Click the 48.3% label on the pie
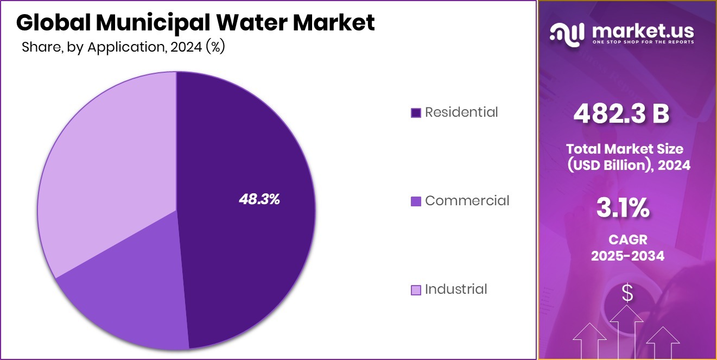[x=259, y=199]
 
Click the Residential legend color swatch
[x=416, y=113]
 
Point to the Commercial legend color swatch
[x=416, y=201]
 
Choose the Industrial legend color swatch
[x=416, y=290]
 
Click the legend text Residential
[x=461, y=112]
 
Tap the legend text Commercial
[x=467, y=201]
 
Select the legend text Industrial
[x=456, y=289]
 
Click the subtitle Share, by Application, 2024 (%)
[x=123, y=48]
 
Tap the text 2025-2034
[x=627, y=256]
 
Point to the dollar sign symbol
[x=627, y=293]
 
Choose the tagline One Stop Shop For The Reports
[x=643, y=42]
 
